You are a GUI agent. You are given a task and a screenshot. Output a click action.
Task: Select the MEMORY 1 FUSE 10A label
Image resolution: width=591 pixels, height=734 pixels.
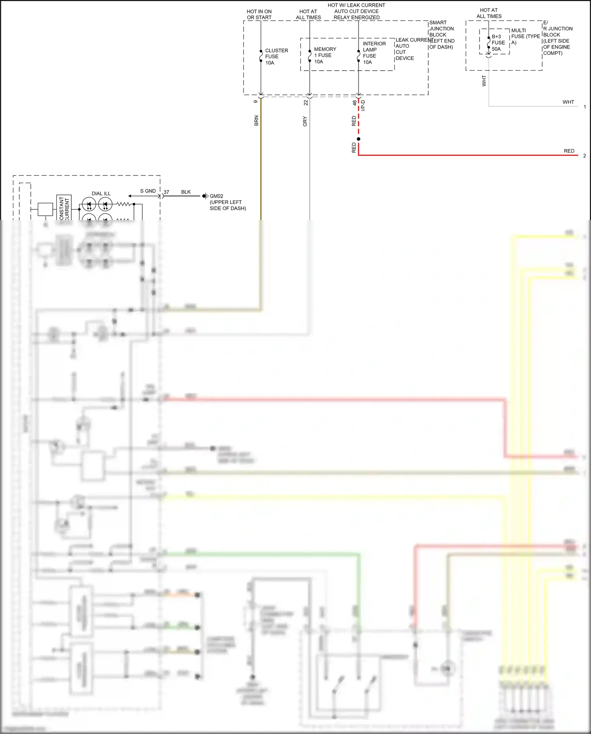pos(325,55)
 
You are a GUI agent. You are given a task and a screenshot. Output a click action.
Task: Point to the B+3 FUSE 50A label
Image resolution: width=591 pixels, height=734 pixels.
pos(498,43)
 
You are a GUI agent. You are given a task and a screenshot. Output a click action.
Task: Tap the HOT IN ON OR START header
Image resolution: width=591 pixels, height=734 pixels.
pos(259,15)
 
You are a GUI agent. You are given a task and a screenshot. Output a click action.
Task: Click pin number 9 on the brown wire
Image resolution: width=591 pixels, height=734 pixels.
pos(256,102)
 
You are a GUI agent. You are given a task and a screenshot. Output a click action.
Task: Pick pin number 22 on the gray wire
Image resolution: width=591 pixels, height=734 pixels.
pos(306,103)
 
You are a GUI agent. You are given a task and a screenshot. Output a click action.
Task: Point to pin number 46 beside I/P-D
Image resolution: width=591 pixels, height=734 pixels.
pos(354,103)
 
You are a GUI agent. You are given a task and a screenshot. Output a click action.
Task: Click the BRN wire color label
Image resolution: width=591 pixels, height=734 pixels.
pos(256,121)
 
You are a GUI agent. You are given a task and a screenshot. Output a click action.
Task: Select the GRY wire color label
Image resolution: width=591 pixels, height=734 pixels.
pos(305,121)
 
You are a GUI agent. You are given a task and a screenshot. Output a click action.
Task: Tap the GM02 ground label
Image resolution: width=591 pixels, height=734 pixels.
pos(216,196)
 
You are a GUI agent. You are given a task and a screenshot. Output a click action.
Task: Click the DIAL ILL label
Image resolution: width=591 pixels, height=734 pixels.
pos(101,193)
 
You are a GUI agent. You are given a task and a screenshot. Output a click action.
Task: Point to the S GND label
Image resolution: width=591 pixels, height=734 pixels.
pos(148,191)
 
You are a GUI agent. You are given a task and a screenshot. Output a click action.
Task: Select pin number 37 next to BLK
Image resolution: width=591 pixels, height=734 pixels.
pos(166,192)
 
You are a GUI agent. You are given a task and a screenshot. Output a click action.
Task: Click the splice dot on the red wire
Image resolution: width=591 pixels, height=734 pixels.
pos(359,139)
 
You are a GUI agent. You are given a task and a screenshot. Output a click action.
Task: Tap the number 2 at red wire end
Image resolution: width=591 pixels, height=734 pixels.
pos(584,156)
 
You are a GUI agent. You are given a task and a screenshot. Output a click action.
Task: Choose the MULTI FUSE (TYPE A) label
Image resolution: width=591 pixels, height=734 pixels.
pos(525,36)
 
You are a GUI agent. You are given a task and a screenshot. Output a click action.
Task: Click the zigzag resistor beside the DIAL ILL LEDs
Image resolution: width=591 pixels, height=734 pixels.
pos(124,204)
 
